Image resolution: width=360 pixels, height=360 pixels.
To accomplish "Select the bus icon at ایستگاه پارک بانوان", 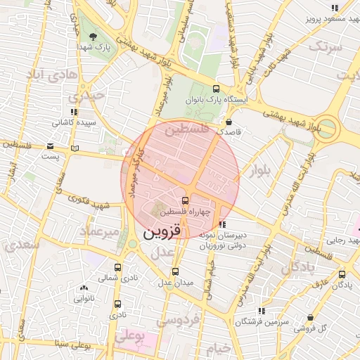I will pyautogui.click(x=216, y=89).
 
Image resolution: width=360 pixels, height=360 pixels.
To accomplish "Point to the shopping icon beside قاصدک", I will pyautogui.click(x=229, y=121).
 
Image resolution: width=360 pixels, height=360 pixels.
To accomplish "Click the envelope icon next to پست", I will pyautogui.click(x=50, y=146).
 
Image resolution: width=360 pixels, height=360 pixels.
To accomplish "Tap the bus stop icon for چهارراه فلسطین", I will pyautogui.click(x=185, y=200).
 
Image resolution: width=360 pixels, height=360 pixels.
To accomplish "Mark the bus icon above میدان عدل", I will pyautogui.click(x=175, y=271).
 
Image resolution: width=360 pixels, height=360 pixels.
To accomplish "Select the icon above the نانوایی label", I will pyautogui.click(x=84, y=288).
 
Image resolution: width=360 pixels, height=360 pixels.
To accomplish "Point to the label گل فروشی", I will pyautogui.click(x=312, y=328).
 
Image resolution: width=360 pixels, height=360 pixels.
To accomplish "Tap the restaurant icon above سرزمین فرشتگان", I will pyautogui.click(x=262, y=310).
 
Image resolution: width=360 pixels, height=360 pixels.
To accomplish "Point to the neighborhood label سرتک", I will pyautogui.click(x=324, y=47).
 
